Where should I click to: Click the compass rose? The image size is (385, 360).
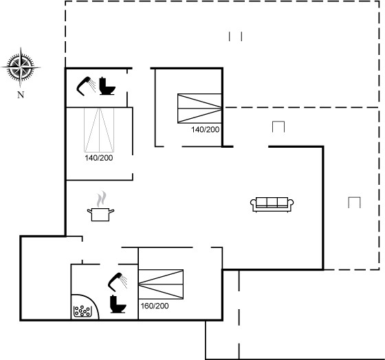(x=21, y=67)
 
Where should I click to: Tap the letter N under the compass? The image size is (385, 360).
(x=21, y=95)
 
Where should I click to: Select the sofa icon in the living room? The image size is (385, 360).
(x=272, y=205)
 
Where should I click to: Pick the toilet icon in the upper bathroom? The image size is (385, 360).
(x=107, y=86)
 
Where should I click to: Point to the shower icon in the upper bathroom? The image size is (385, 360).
(x=86, y=86)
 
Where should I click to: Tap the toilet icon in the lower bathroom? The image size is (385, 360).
(x=118, y=304)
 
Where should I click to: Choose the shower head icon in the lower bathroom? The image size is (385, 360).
(x=118, y=282)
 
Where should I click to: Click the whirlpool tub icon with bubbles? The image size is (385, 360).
(x=82, y=311)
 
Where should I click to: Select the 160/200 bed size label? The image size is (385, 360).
(x=155, y=306)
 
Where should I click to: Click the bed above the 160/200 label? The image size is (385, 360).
(x=161, y=284)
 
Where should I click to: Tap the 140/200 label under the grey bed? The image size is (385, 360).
(x=99, y=158)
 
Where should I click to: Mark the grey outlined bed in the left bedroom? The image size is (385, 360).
(x=99, y=130)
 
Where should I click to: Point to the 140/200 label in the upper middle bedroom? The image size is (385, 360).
(x=206, y=129)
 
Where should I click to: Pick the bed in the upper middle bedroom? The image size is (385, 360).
(x=199, y=109)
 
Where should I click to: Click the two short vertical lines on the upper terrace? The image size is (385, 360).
(x=235, y=36)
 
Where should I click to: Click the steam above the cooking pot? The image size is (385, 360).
(x=102, y=199)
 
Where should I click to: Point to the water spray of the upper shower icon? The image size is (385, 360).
(x=92, y=85)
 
